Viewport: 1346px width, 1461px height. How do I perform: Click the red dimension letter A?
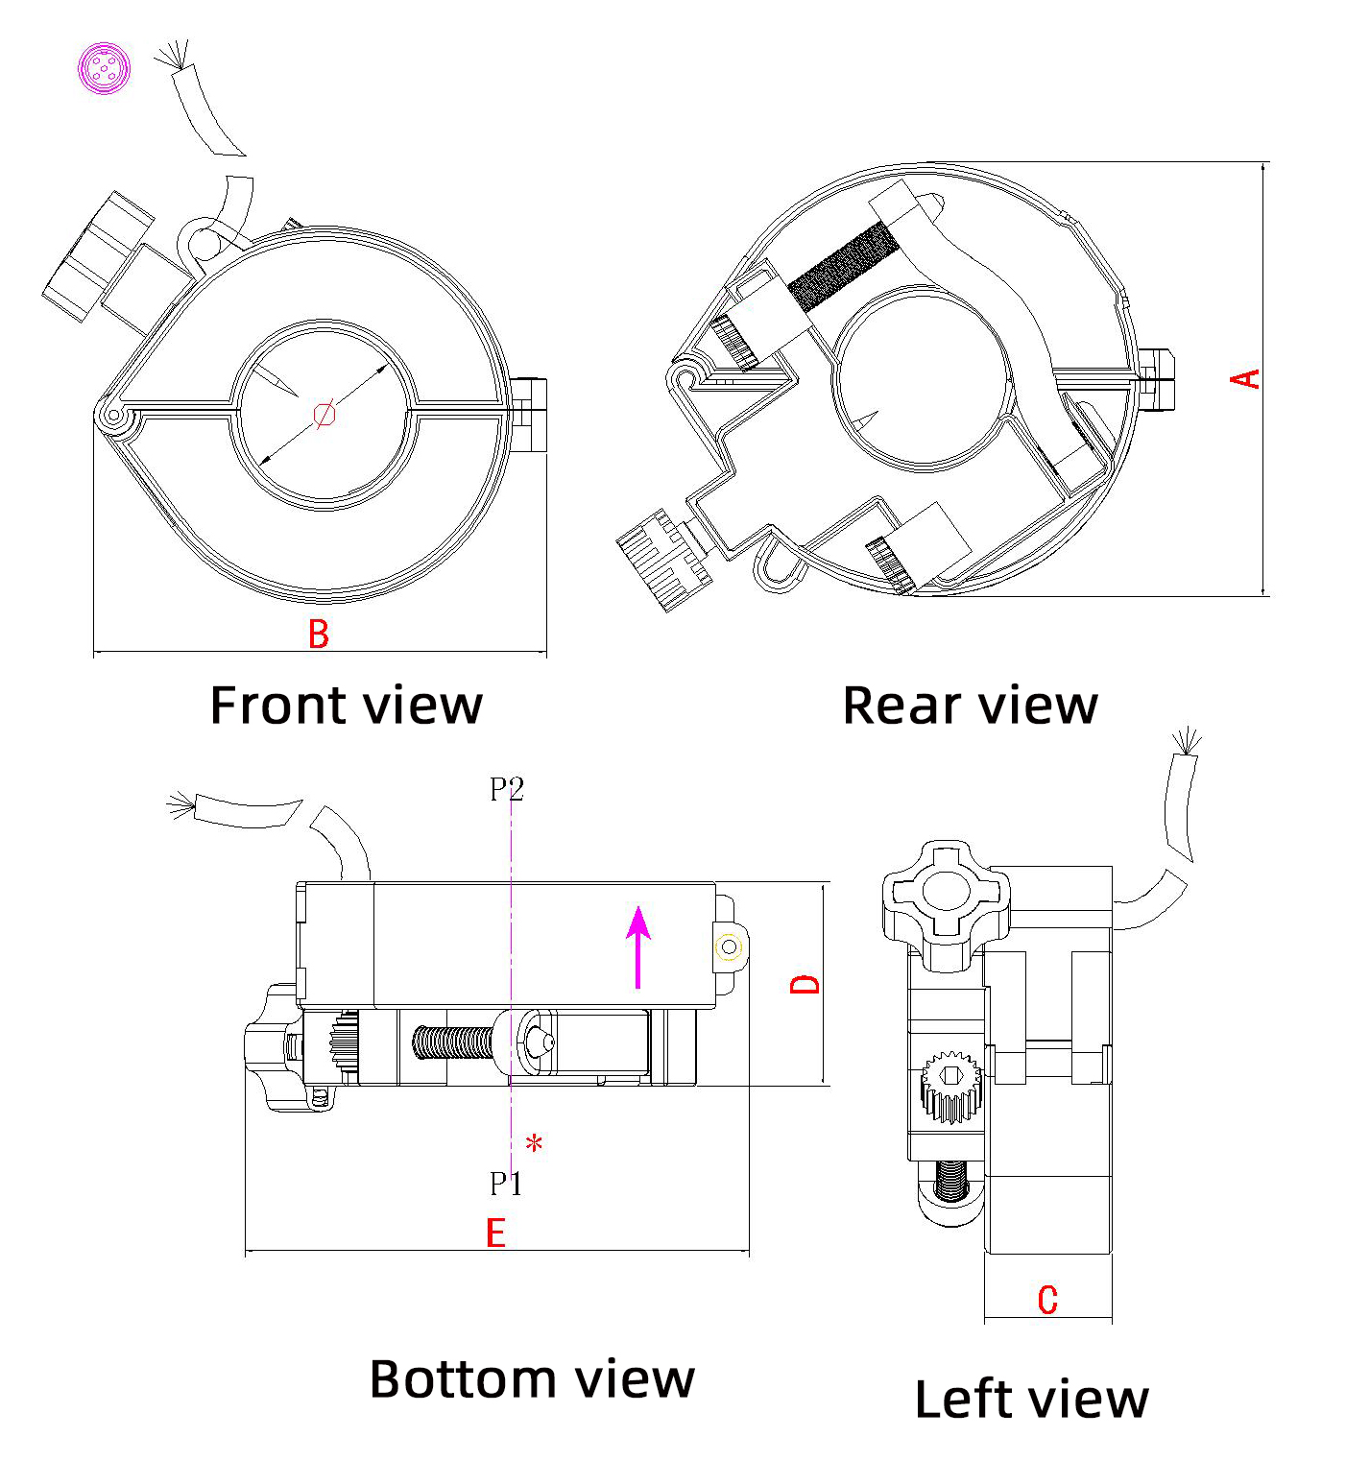click(x=1245, y=379)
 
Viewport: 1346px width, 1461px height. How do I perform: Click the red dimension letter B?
click(x=319, y=635)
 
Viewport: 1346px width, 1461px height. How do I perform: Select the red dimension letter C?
click(x=1047, y=1300)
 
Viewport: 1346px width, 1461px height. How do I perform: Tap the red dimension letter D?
click(x=805, y=984)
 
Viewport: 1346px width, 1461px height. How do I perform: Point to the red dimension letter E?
click(x=495, y=1233)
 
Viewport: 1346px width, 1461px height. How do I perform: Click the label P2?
click(x=507, y=789)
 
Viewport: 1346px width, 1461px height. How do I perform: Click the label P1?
click(x=506, y=1184)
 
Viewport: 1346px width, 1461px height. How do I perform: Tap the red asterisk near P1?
click(x=535, y=1143)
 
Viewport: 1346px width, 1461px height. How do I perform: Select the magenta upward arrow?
click(x=638, y=946)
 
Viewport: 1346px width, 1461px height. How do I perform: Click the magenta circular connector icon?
click(x=104, y=68)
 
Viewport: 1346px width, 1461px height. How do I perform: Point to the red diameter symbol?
click(x=324, y=415)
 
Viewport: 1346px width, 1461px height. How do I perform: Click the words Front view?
click(x=346, y=706)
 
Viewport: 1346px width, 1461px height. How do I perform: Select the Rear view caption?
click(x=970, y=706)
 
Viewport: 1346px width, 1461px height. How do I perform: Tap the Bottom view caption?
click(x=532, y=1379)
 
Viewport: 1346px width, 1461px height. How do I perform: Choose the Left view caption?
click(x=1031, y=1399)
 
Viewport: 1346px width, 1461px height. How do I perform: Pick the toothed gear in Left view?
click(x=950, y=1088)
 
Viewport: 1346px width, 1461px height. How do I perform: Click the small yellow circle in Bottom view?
click(x=729, y=947)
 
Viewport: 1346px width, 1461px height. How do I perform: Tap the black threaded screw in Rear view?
click(x=844, y=265)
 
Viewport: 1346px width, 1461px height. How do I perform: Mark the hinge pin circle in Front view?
click(x=113, y=417)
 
